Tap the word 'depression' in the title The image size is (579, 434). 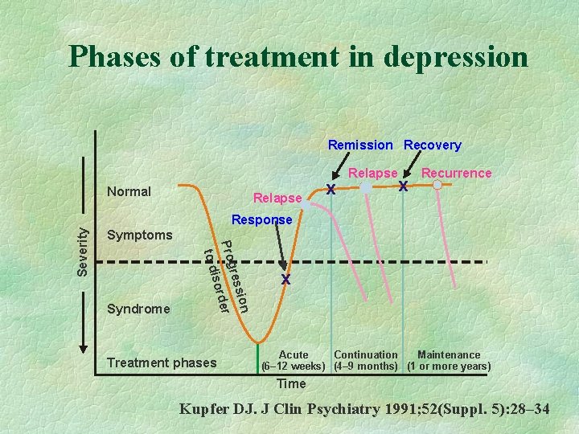pos(456,57)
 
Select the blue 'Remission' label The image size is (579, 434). pos(360,145)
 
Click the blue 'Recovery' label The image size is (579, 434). pos(433,145)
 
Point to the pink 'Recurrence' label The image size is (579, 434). pos(456,173)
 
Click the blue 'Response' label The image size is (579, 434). pos(261,219)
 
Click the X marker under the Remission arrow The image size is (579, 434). pos(331,190)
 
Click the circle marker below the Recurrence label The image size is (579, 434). pos(437,185)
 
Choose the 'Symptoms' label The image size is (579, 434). pos(139,235)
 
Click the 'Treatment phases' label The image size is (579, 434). pos(162,362)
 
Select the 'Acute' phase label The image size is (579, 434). pos(294,354)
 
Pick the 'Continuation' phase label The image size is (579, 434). pos(366,354)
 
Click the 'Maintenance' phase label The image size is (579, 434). pos(449,354)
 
